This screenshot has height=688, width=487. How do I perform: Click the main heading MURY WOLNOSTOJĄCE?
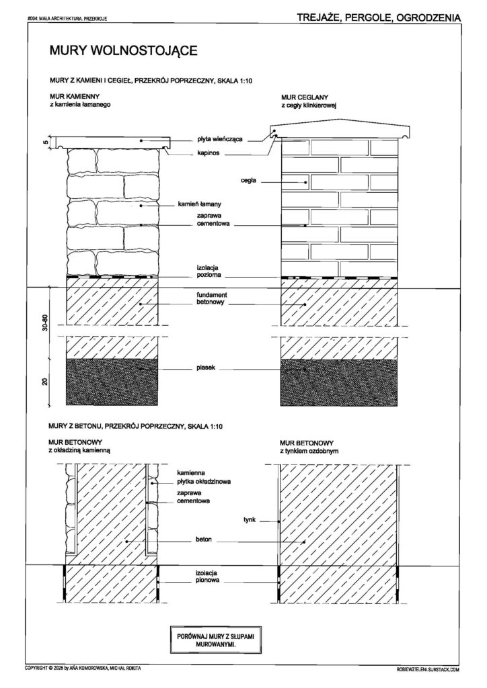pos(123,50)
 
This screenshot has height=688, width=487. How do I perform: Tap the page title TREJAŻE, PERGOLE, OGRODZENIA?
pos(379,17)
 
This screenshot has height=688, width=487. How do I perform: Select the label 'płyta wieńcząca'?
pos(219,140)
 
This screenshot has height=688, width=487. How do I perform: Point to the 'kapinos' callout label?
pos(208,153)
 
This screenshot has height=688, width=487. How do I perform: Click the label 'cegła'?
pos(248,180)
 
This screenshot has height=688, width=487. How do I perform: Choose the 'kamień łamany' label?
pos(199,204)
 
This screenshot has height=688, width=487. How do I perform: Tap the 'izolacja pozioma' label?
pos(209,271)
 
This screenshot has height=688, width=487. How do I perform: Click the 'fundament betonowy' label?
pos(212,299)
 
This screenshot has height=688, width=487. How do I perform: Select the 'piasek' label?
pos(206,368)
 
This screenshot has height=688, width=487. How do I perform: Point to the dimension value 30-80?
pos(45,323)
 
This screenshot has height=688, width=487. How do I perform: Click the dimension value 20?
pos(45,382)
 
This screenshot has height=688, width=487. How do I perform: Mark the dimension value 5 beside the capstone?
pos(45,142)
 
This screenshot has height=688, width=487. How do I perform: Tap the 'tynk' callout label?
pos(250,520)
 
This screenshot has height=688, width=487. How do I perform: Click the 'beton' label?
pos(204,539)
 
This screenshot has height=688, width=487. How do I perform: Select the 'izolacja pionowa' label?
pos(207,576)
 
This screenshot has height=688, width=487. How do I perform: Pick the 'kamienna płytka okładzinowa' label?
pos(204,477)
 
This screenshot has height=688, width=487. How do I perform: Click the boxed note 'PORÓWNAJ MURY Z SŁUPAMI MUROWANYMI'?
pos(216,640)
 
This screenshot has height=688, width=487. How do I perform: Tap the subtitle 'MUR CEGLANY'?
pos(304,97)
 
